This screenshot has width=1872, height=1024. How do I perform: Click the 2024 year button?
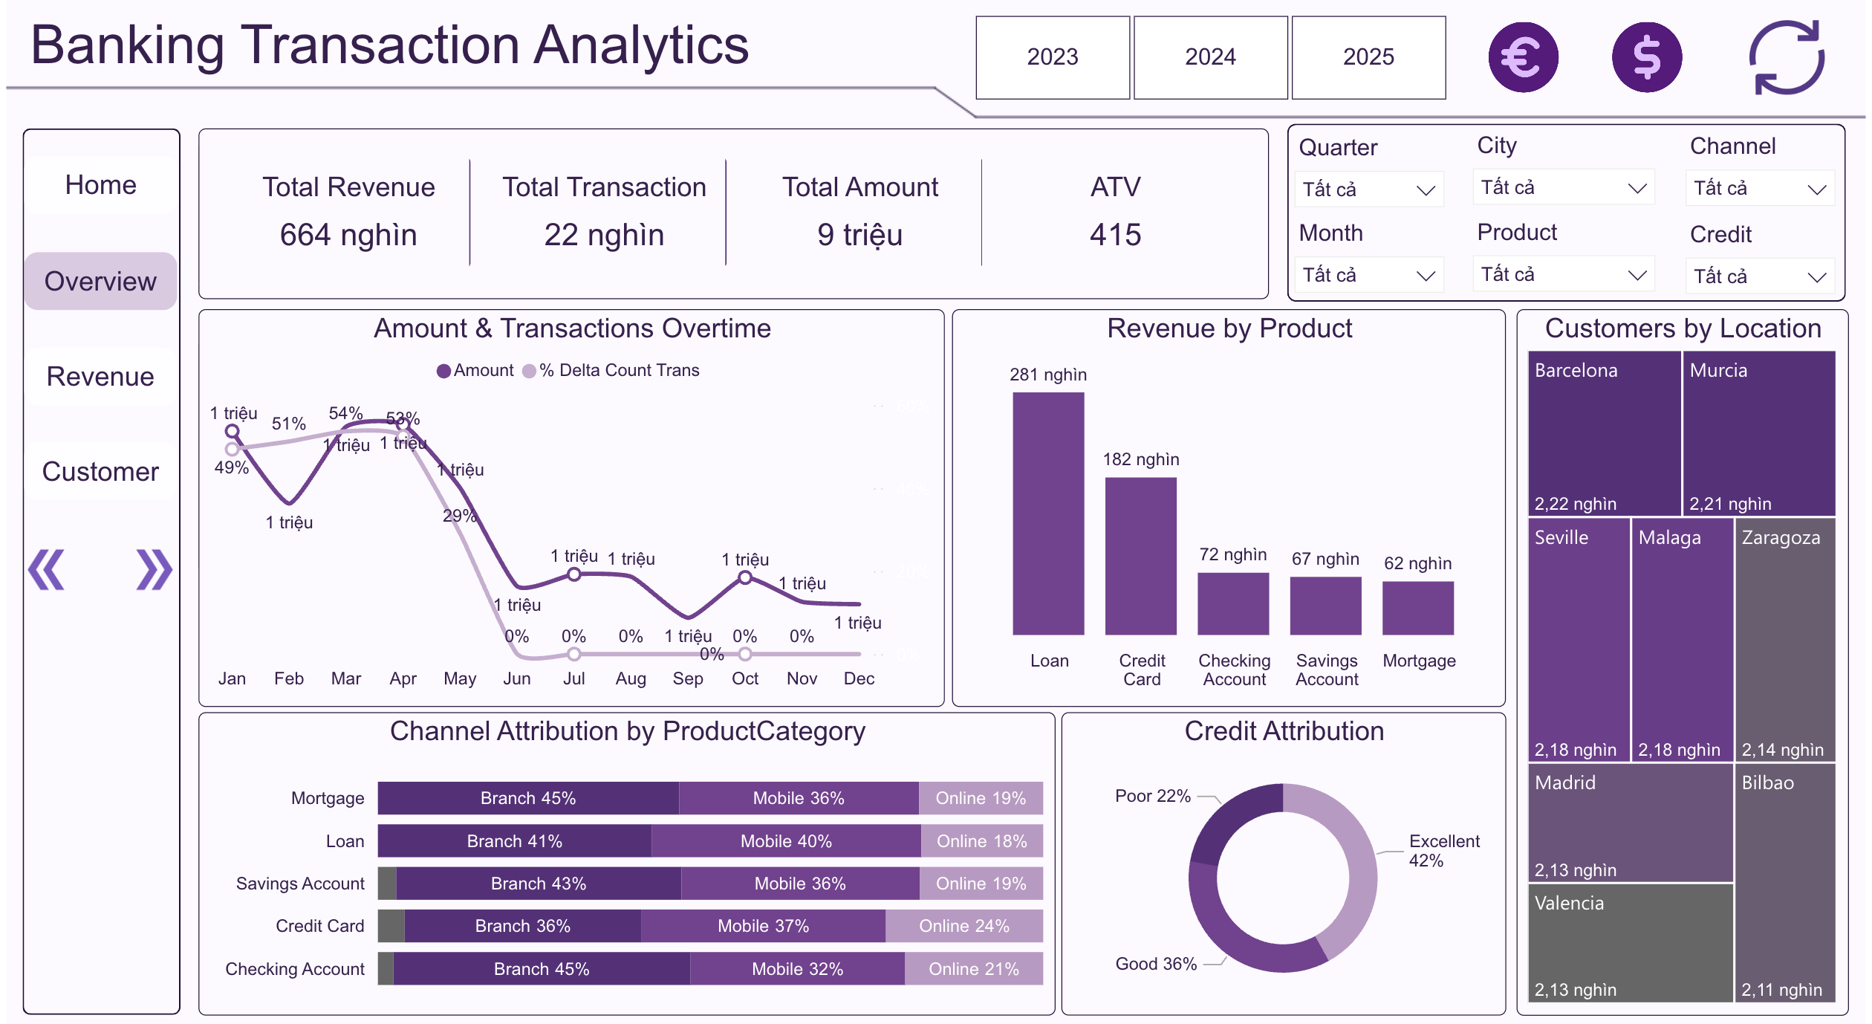(x=1210, y=57)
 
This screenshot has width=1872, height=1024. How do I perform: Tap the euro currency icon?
(x=1523, y=57)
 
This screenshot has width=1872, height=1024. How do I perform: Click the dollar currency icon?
(x=1646, y=57)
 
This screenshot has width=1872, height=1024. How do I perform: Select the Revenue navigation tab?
(x=100, y=377)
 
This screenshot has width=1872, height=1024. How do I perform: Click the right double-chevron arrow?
(x=154, y=570)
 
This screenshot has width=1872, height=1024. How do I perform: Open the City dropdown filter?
(x=1563, y=188)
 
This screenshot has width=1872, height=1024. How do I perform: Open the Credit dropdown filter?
(x=1759, y=276)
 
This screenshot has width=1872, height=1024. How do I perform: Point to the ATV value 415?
(x=1115, y=235)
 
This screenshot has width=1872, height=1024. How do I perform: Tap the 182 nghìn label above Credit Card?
(x=1141, y=459)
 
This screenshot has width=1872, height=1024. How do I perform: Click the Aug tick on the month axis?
(x=631, y=678)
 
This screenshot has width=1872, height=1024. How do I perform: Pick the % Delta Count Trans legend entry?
(x=611, y=370)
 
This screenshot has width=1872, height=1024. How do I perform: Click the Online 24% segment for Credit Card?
(x=963, y=926)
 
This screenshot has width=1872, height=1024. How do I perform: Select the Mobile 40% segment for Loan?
(x=786, y=841)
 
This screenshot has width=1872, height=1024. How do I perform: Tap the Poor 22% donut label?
(x=1152, y=796)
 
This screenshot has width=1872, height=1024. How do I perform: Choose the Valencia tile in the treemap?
(x=1630, y=942)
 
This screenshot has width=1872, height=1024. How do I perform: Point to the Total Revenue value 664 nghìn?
(x=348, y=235)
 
